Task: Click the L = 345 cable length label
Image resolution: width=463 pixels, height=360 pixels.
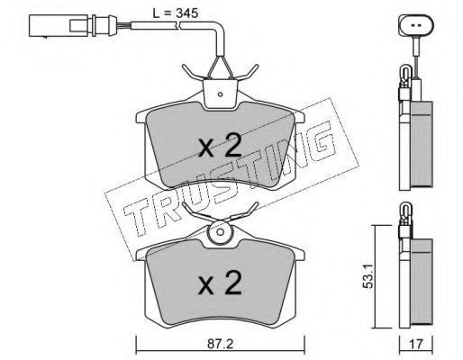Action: pyautogui.click(x=176, y=13)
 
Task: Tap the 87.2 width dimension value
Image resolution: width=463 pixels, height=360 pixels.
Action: pyautogui.click(x=221, y=344)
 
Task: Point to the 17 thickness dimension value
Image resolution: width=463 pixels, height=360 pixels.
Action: pyautogui.click(x=416, y=344)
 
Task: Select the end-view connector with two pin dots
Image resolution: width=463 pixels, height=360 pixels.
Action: pyautogui.click(x=416, y=25)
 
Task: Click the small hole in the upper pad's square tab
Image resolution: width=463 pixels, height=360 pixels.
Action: pyautogui.click(x=220, y=94)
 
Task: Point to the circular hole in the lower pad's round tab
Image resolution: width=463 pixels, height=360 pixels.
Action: pyautogui.click(x=221, y=231)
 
